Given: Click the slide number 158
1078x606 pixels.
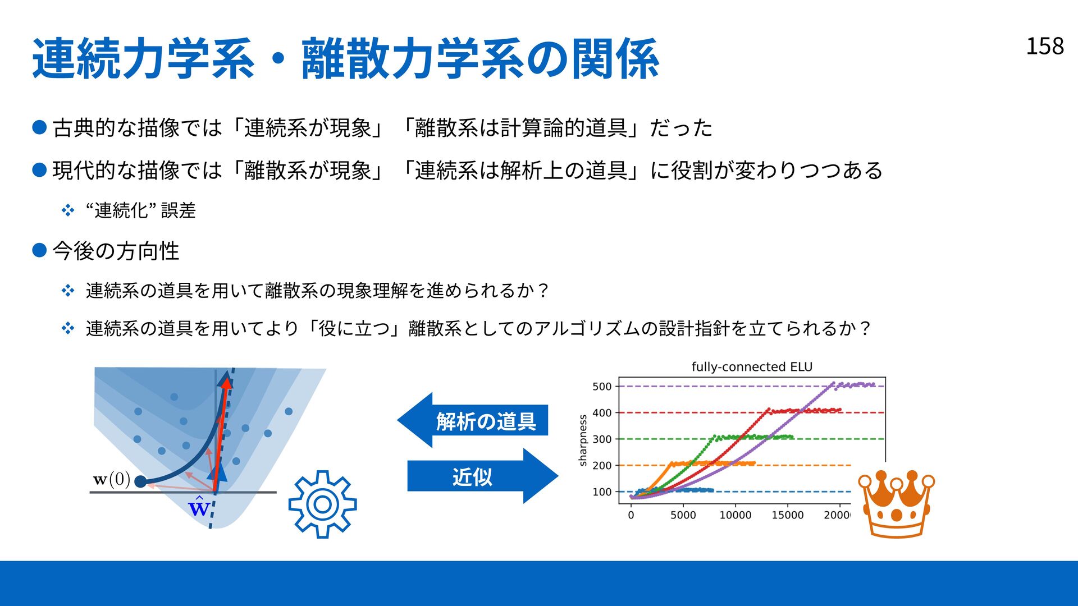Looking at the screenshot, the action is tap(1045, 46).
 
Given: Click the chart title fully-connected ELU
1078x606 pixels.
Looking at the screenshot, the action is tap(752, 367).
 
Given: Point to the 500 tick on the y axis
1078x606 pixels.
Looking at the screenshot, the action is tap(602, 387).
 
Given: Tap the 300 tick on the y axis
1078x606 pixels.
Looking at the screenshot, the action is tap(602, 439).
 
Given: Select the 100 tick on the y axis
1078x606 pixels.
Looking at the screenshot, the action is tap(602, 492).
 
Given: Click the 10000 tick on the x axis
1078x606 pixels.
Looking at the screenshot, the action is tap(736, 515).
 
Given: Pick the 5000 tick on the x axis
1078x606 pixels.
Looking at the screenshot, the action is tap(683, 515).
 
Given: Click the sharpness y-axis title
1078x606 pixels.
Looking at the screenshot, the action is tap(583, 440).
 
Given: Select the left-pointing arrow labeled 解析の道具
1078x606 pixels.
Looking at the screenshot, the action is tap(472, 420).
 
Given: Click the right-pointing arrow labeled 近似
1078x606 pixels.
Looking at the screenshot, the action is tap(483, 476).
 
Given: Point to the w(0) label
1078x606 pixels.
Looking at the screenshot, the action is tap(112, 480).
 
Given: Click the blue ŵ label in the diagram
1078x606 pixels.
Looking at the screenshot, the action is tap(199, 508).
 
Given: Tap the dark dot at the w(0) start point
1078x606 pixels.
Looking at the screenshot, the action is tap(140, 481).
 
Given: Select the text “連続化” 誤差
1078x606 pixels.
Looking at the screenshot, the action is tap(140, 210).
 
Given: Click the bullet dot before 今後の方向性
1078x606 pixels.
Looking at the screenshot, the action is tap(39, 250).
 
